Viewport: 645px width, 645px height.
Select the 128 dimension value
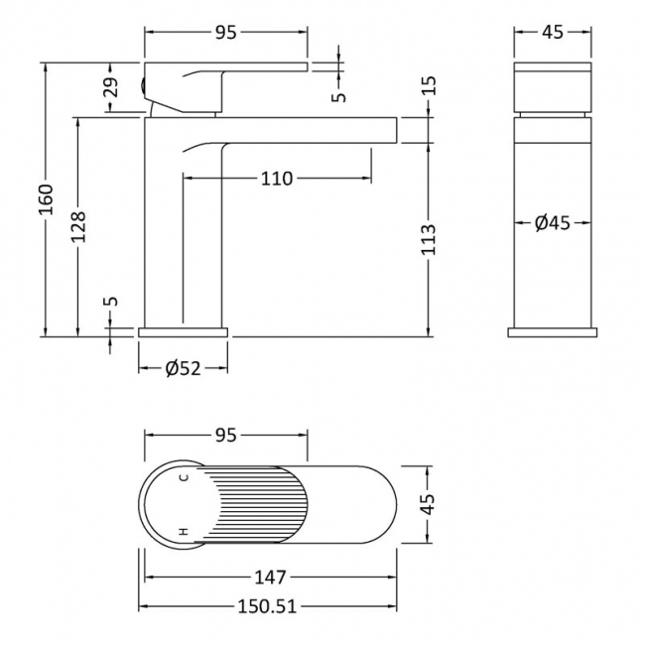tap(79, 227)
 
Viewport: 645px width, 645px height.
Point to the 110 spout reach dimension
tap(277, 179)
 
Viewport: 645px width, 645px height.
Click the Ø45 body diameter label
tap(552, 223)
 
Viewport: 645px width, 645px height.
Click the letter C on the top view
tap(183, 478)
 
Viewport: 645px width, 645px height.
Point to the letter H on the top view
tap(183, 533)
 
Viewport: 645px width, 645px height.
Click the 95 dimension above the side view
tap(225, 32)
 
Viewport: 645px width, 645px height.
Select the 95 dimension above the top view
tap(225, 434)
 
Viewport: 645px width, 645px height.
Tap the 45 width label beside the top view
tap(429, 506)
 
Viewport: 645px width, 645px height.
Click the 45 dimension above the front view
tap(553, 32)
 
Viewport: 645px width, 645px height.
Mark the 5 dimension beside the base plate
tap(111, 301)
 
